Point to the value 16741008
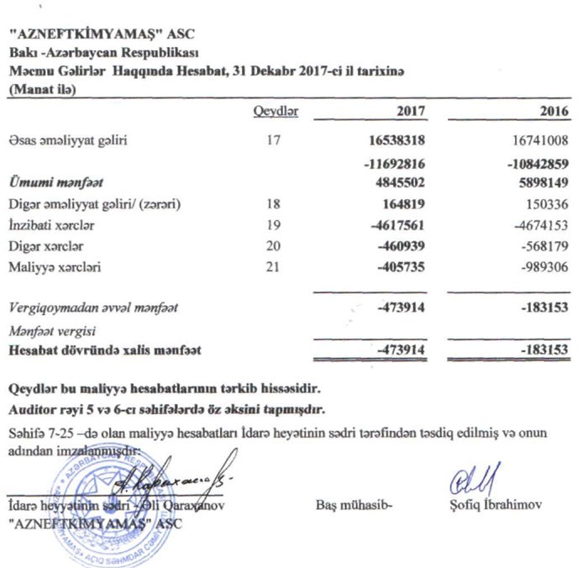click(540, 142)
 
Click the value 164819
click(402, 203)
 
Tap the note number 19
click(271, 225)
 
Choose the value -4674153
click(543, 225)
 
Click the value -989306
click(545, 269)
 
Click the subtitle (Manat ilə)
click(40, 91)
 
